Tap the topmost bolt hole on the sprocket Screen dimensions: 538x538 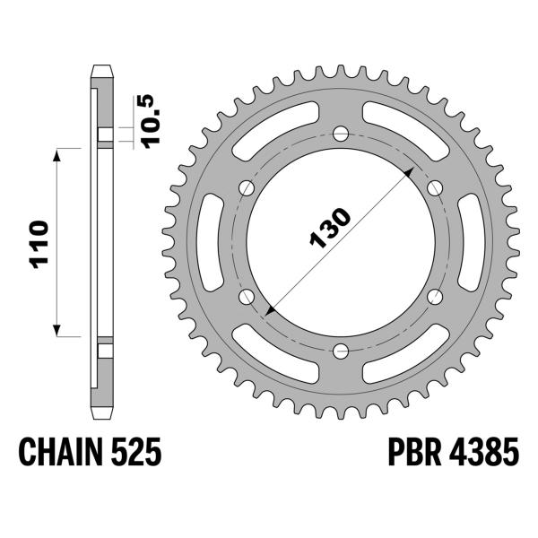341,134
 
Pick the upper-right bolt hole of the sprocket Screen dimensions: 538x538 435,187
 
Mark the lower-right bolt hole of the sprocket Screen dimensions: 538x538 435,297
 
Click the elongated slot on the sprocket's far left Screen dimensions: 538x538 213,242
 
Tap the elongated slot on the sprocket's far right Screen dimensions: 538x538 469,242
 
